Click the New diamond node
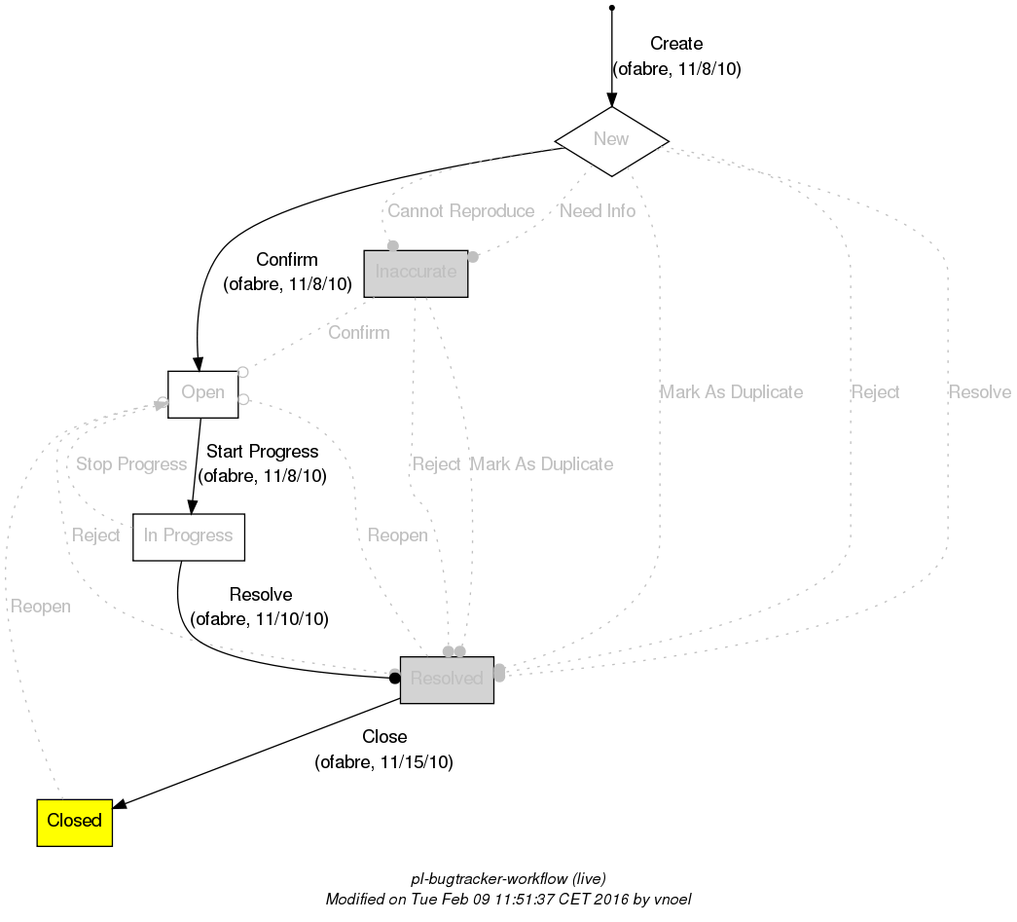(x=611, y=140)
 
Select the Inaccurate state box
(x=416, y=273)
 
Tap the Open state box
(x=202, y=393)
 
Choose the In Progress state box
(x=188, y=536)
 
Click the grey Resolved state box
(x=447, y=679)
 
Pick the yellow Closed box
(x=74, y=821)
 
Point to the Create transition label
(x=675, y=44)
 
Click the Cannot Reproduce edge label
(x=460, y=211)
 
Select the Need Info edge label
(x=598, y=211)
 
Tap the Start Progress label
(x=262, y=452)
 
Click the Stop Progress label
(x=131, y=464)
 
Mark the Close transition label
(x=383, y=737)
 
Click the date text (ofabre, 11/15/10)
(x=383, y=762)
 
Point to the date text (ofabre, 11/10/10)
(x=260, y=619)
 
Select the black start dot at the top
(x=611, y=8)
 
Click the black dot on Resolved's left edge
(x=395, y=678)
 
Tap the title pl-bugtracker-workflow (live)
(x=509, y=878)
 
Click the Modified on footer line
(x=508, y=899)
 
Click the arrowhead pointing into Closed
(x=121, y=804)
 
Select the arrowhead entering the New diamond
(x=611, y=100)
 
